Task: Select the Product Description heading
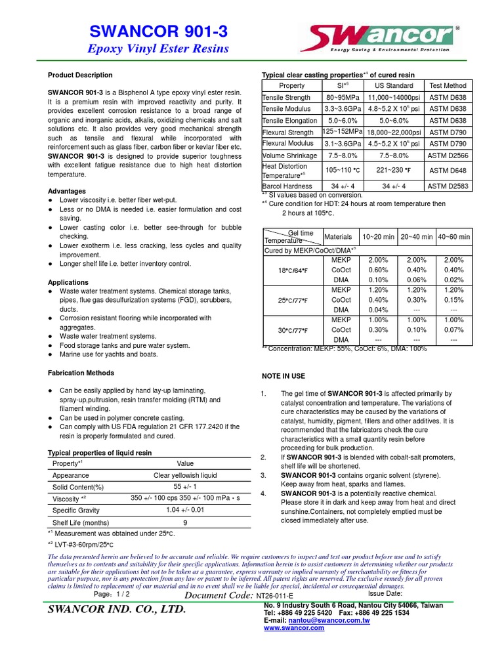click(x=80, y=75)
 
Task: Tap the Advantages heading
click(x=68, y=191)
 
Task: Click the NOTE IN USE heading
click(x=283, y=376)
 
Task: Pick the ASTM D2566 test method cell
click(x=448, y=156)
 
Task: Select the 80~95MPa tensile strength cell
click(x=343, y=98)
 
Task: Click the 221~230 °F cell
click(x=394, y=171)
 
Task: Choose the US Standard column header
click(x=394, y=86)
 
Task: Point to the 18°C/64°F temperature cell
click(x=293, y=270)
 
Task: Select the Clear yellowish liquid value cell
click(x=185, y=476)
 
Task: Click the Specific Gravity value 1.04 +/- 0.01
click(x=185, y=510)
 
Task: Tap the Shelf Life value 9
click(x=185, y=522)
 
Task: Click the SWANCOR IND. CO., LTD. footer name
click(x=117, y=610)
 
